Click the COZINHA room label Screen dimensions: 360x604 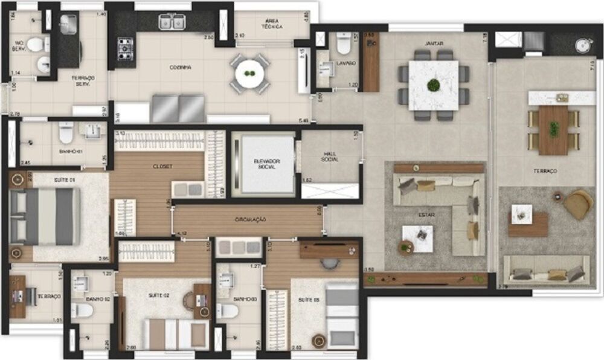pos(181,68)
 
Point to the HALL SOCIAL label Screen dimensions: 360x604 pos(330,156)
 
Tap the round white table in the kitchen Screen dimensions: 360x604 pos(249,75)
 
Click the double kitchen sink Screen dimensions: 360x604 pos(172,22)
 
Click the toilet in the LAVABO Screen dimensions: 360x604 pos(344,43)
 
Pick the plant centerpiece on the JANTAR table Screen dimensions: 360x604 pos(433,85)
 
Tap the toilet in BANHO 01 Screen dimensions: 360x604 pos(66,132)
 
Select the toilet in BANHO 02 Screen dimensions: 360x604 pos(82,310)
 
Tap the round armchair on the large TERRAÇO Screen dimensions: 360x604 pos(578,205)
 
